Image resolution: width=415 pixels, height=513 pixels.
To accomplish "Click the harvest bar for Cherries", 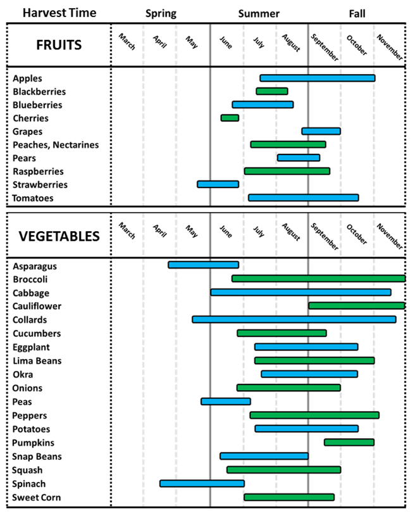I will [x=230, y=118].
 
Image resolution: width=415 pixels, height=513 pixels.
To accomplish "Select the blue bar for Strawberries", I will [x=218, y=184].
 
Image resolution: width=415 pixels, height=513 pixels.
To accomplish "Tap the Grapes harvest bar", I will [x=321, y=131].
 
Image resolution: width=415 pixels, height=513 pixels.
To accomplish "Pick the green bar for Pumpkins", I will [x=349, y=442].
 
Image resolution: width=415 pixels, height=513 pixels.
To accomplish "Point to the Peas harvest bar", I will [x=226, y=401].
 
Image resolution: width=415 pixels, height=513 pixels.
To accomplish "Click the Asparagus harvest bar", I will [x=203, y=265].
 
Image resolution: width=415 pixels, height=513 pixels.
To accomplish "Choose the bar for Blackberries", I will [x=272, y=91].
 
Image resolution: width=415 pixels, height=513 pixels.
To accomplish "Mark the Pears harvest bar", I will [x=299, y=158].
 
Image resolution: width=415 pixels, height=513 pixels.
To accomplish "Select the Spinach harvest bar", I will [x=202, y=483].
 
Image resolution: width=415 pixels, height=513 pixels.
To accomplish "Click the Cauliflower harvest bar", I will [x=357, y=306].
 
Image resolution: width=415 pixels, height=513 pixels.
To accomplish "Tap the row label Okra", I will [x=23, y=374].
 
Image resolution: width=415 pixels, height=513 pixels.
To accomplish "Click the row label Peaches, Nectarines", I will [x=56, y=145].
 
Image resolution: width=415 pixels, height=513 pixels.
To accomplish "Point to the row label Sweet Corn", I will [x=37, y=497].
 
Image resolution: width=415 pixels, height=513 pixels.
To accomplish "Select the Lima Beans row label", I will [x=37, y=360].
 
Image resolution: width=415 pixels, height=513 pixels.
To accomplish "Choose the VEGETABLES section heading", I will [x=59, y=236].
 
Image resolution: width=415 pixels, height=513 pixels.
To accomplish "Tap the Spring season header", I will [x=161, y=13].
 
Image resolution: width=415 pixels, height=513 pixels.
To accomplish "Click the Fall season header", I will [x=357, y=13].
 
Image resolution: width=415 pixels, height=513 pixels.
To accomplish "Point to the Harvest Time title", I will [x=58, y=13].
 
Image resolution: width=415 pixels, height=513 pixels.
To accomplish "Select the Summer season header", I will [x=259, y=13].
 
